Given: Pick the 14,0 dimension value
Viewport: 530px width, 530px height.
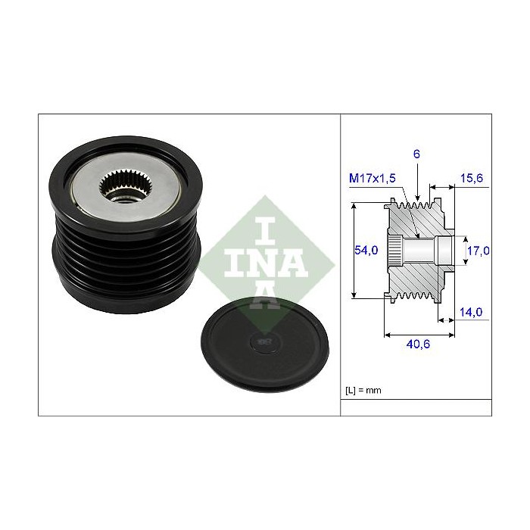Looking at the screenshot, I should point(472,310).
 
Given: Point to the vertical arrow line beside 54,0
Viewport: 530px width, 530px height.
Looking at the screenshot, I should point(354,250).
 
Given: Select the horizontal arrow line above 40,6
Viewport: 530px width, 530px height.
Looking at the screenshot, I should point(419,332).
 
